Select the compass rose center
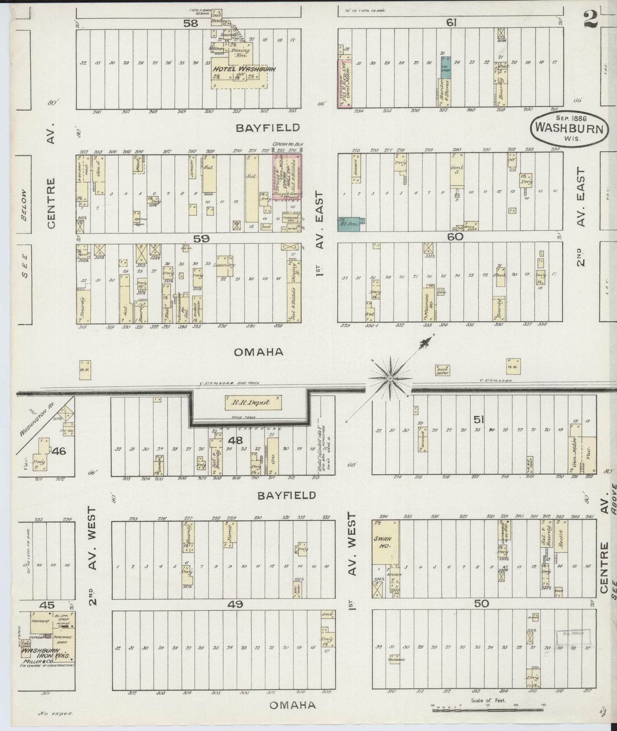tap(390, 378)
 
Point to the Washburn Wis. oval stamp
tap(569, 128)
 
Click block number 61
tap(451, 24)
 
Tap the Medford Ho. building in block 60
tap(429, 304)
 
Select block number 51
tap(477, 420)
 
